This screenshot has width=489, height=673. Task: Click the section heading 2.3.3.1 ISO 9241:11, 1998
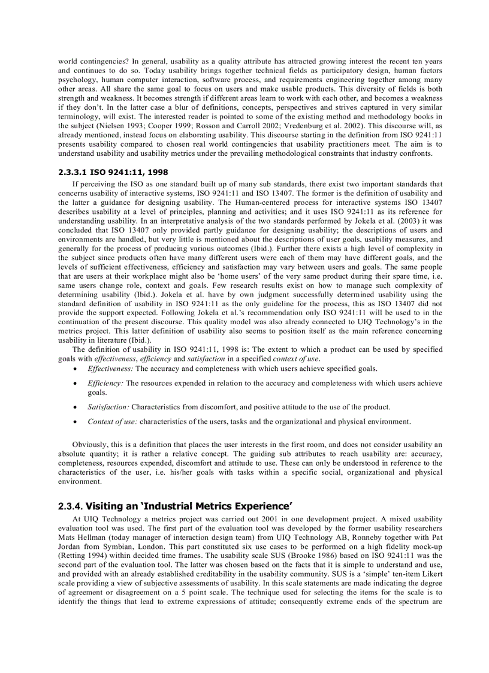click(x=113, y=172)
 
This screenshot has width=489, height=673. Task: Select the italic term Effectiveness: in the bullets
click(x=110, y=369)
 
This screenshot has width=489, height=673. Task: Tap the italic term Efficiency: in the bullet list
click(x=105, y=383)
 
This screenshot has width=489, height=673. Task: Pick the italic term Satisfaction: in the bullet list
click(x=108, y=407)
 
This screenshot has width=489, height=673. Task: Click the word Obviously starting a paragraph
click(x=90, y=444)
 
